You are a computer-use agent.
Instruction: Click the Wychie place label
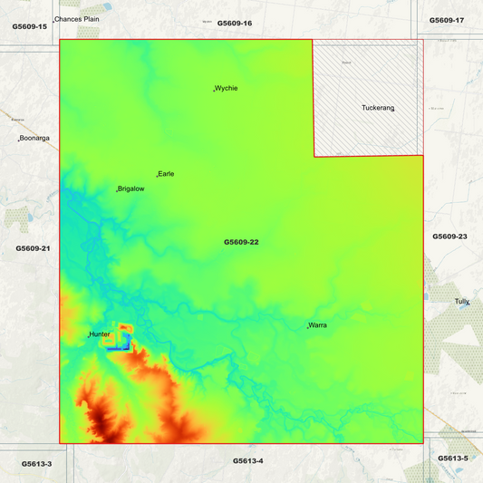point(227,88)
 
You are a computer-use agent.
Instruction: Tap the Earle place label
point(167,173)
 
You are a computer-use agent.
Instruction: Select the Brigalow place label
point(130,188)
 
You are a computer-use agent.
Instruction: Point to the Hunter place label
point(100,333)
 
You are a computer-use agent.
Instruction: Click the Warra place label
point(318,324)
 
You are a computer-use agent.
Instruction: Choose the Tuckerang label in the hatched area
point(378,108)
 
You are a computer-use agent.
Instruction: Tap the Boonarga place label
point(34,138)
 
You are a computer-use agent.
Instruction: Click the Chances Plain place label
point(77,18)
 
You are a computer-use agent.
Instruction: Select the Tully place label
point(462,301)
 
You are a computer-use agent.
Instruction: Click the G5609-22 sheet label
point(242,242)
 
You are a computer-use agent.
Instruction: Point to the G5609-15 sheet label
point(30,26)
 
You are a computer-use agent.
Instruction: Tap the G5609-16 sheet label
point(235,22)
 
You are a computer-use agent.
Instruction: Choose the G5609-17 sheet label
point(447,19)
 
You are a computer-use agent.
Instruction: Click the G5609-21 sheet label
point(33,247)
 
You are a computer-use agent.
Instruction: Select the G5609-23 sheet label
point(449,236)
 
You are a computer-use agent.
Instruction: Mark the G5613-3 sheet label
point(37,463)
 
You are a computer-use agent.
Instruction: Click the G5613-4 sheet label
point(247,460)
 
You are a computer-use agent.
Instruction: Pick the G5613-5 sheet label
point(453,458)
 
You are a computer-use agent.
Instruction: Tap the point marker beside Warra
point(308,326)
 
